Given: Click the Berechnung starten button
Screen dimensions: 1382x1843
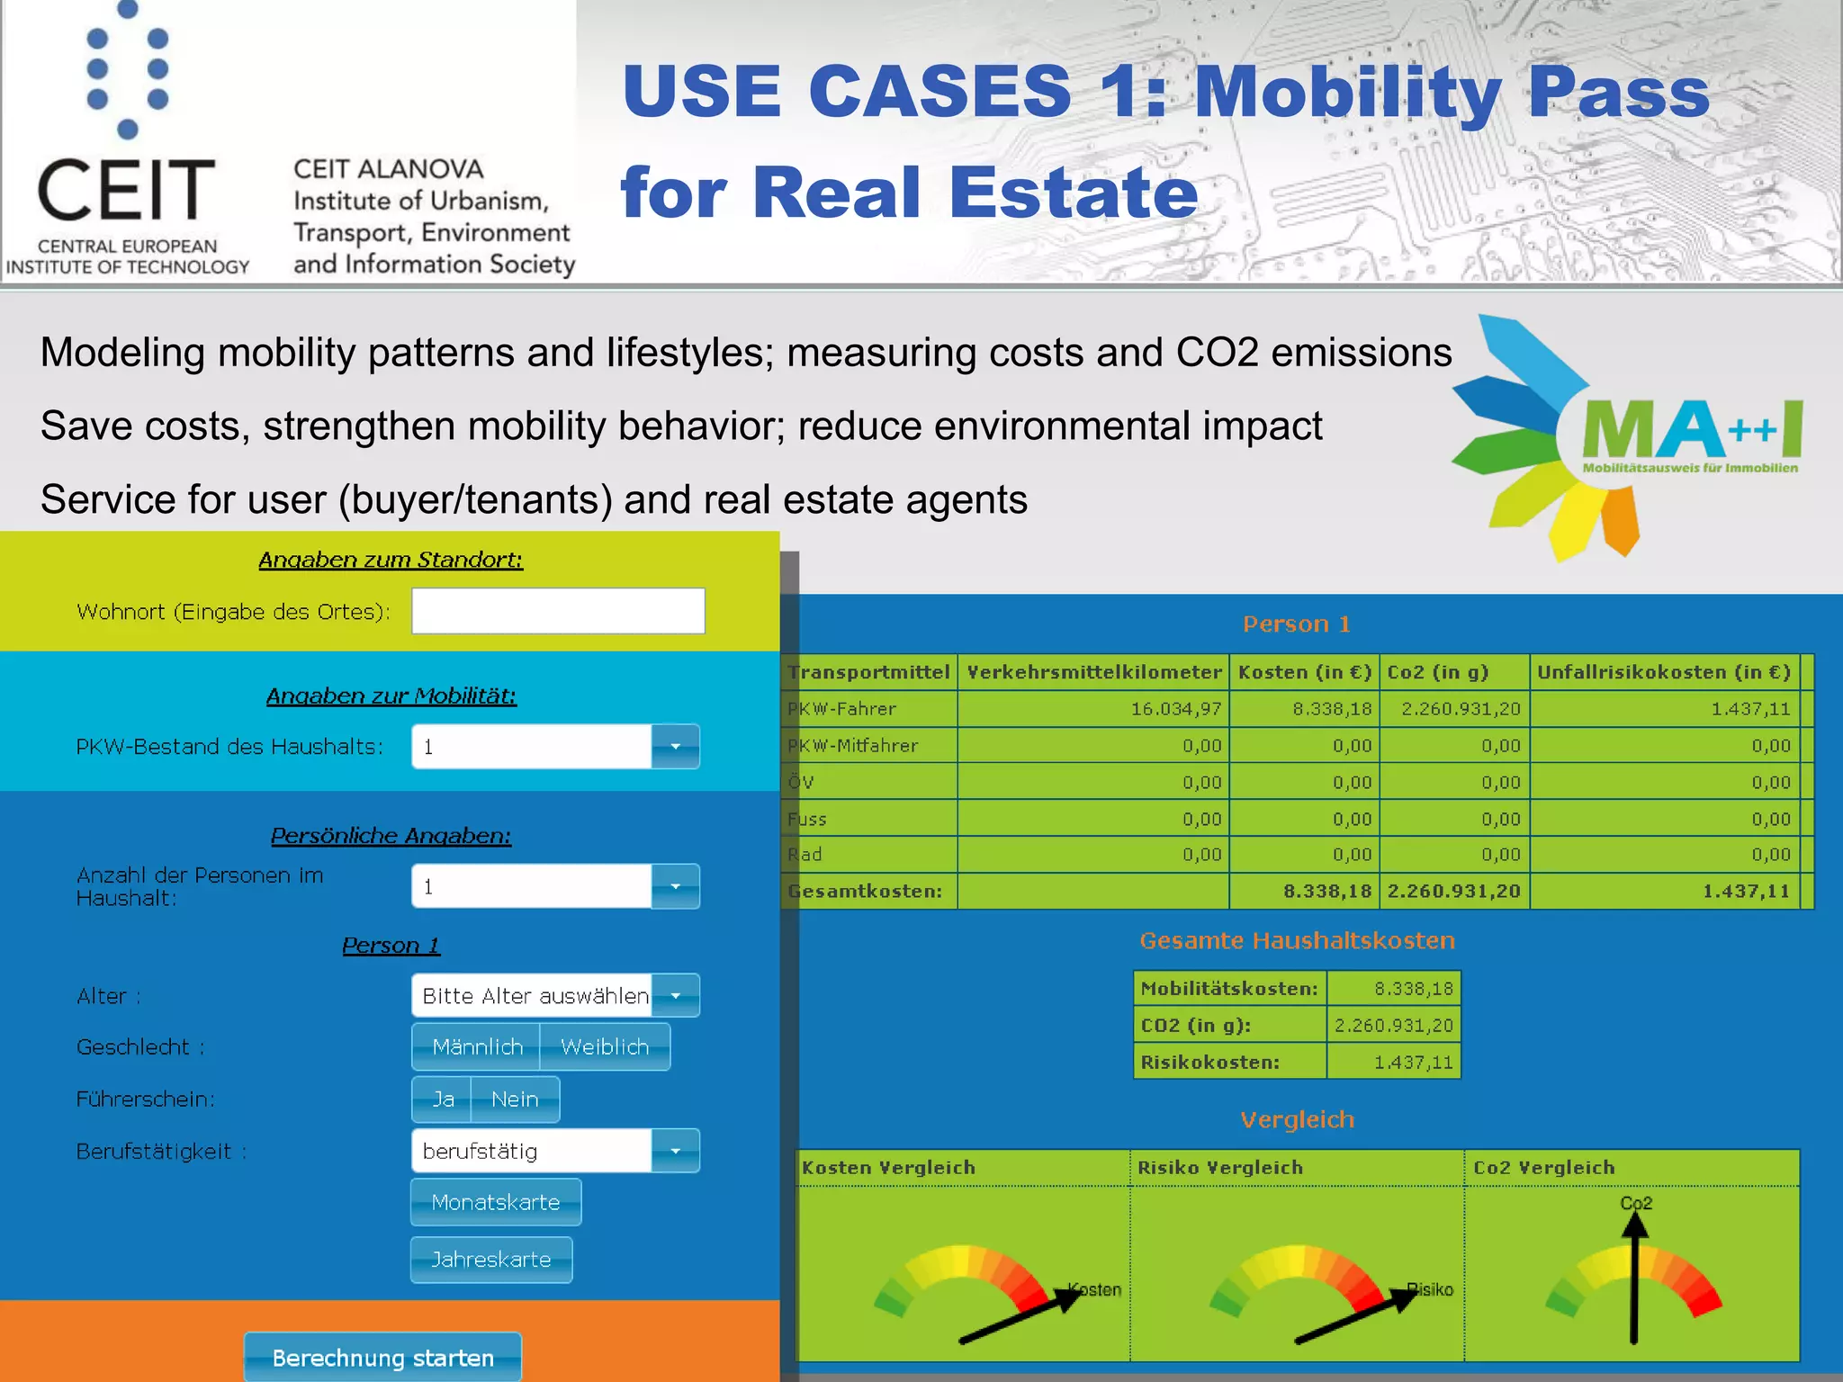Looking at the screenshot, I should pos(382,1357).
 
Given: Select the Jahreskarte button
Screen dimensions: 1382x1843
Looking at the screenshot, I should pos(491,1259).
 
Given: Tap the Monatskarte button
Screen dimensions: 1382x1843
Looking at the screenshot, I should pos(496,1202).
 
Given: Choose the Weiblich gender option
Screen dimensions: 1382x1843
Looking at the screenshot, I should pos(605,1046).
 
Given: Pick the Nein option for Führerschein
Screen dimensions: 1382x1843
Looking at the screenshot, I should pos(515,1099).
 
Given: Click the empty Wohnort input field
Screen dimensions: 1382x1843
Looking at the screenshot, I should pos(558,611).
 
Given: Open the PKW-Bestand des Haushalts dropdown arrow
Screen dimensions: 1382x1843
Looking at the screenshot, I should pos(675,746).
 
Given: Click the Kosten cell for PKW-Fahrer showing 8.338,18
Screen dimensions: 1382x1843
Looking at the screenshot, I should pos(1332,709).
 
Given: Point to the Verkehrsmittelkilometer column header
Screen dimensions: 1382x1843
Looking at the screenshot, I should pos(1093,672).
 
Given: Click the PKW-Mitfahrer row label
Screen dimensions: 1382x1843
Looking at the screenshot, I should pos(853,746).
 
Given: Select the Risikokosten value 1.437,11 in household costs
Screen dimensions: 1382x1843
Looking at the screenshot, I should pos(1413,1063).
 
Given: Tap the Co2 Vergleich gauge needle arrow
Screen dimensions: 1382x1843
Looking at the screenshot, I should pos(1634,1278).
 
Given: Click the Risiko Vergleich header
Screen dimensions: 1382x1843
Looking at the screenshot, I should pos(1220,1168).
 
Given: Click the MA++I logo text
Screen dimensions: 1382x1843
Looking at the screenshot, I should pos(1690,430).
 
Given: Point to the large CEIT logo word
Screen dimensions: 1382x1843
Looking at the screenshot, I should pos(126,191).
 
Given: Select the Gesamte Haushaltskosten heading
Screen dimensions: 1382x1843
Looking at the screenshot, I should pos(1297,941).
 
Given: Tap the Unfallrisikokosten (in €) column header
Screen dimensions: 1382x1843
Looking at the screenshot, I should pos(1663,672).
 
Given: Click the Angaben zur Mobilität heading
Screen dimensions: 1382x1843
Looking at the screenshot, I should pos(391,695).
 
